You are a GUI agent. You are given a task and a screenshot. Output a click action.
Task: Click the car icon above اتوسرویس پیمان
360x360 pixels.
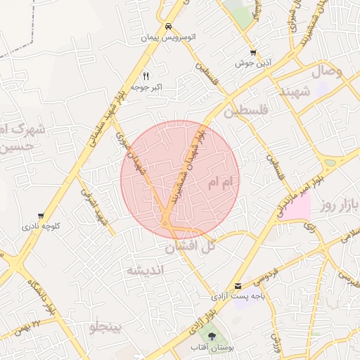[168, 27]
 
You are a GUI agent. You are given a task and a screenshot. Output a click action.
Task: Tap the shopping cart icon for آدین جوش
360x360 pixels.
[253, 53]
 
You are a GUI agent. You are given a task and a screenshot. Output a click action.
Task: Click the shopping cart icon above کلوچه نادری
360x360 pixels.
[41, 216]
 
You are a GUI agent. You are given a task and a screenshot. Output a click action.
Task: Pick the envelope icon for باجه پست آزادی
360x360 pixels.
[239, 286]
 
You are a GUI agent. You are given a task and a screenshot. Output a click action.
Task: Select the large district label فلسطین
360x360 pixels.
[247, 112]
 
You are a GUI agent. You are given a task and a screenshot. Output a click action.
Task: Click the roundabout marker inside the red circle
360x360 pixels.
[165, 224]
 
